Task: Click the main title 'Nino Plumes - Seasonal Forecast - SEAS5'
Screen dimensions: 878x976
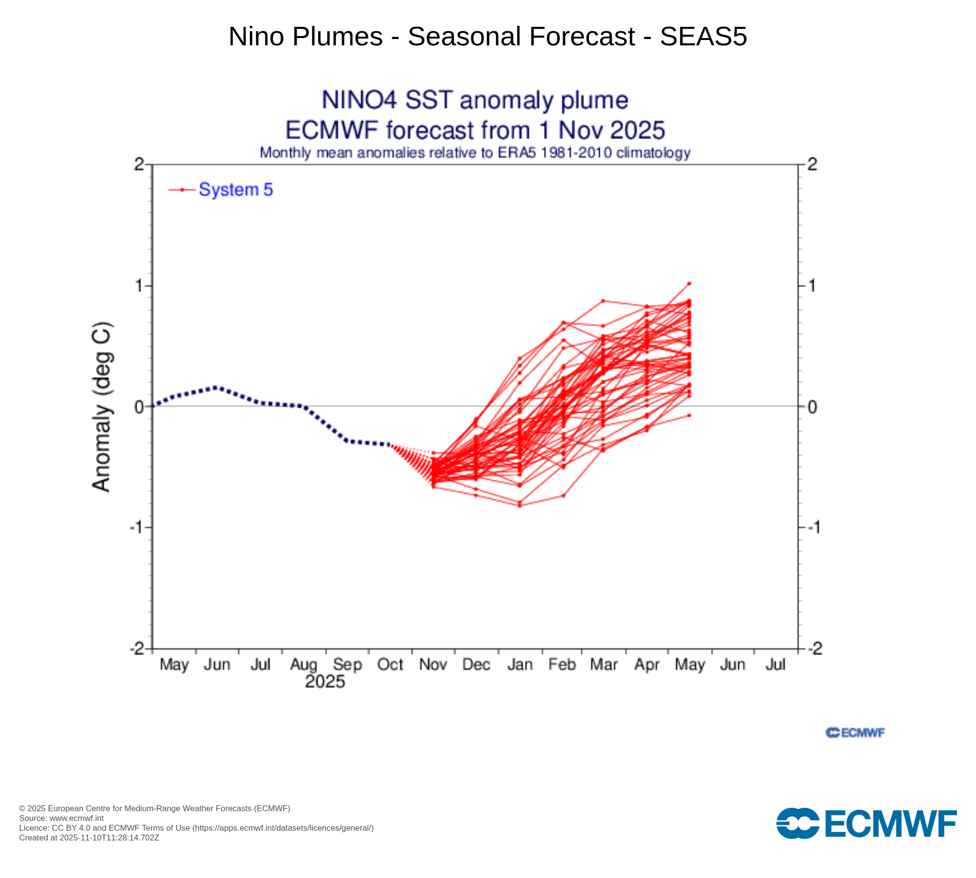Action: [488, 37]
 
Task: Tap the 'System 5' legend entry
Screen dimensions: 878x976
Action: [236, 190]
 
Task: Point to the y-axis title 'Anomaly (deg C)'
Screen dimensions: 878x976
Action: [102, 407]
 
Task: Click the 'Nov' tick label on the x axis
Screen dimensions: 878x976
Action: [433, 664]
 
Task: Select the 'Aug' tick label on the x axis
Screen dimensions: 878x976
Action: [304, 664]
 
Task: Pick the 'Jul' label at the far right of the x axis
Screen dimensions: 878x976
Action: [775, 664]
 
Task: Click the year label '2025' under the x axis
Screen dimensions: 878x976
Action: [325, 681]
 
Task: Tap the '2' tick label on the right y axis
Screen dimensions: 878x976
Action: [812, 164]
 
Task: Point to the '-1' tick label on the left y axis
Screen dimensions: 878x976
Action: [137, 527]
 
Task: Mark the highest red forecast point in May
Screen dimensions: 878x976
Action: [689, 283]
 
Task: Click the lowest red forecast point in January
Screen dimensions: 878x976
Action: [520, 505]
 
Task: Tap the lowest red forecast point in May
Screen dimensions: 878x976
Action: [689, 416]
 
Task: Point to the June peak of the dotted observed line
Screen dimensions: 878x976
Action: [216, 387]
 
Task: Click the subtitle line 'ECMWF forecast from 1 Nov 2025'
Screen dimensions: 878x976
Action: [475, 130]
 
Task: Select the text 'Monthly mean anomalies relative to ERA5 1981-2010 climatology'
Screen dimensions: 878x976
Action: [475, 153]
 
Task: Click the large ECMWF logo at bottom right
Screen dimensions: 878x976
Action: [866, 824]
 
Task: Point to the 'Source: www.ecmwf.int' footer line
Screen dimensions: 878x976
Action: [61, 818]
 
